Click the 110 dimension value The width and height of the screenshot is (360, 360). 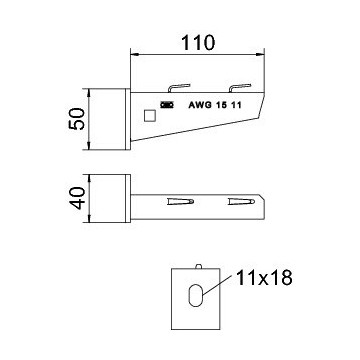click(x=198, y=43)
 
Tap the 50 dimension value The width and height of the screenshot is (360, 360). click(x=77, y=119)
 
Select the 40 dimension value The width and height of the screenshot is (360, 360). click(x=78, y=198)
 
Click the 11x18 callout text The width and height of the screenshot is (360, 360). click(x=264, y=278)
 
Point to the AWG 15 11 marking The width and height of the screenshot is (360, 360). click(x=215, y=105)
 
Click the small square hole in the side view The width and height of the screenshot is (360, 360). click(x=150, y=116)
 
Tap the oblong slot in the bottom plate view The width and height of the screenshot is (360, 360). click(x=195, y=295)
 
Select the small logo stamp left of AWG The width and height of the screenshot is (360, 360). click(x=166, y=105)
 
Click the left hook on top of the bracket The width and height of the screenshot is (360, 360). click(x=179, y=88)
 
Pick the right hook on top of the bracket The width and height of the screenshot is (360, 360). click(x=239, y=88)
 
